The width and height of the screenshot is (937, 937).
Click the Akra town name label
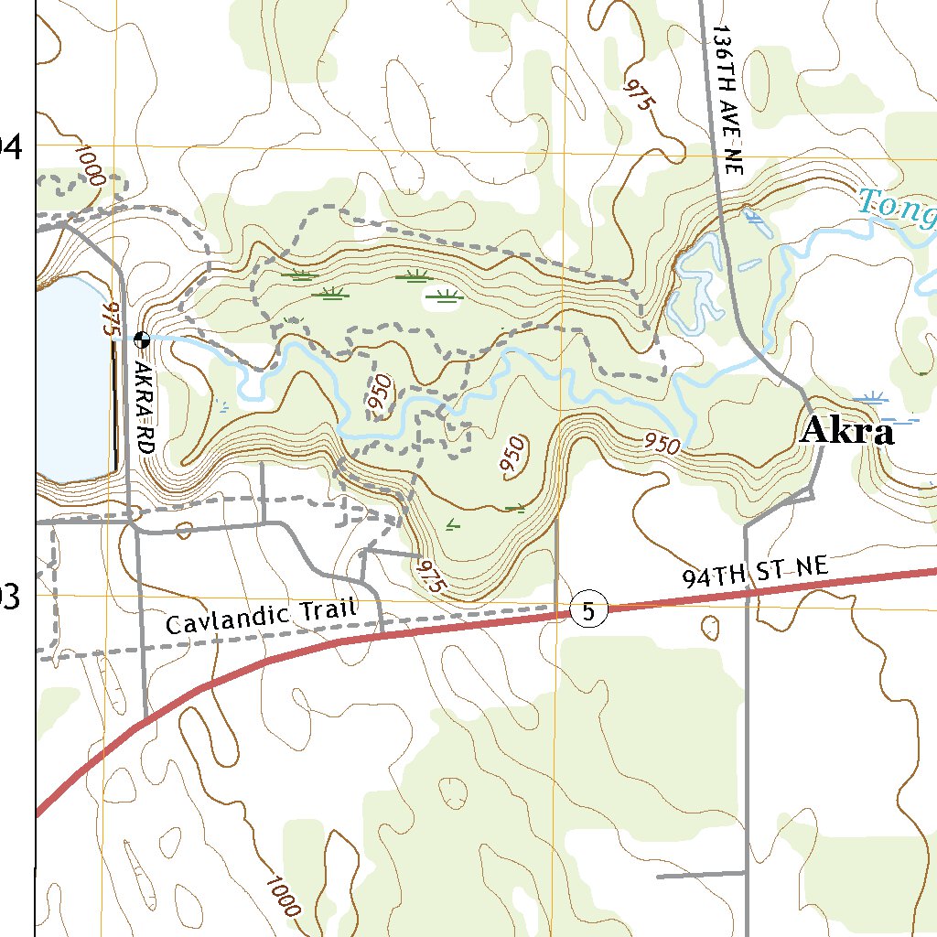[846, 431]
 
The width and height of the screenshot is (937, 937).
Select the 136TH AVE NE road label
[729, 101]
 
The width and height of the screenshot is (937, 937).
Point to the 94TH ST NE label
[755, 574]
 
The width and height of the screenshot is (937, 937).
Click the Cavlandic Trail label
[260, 618]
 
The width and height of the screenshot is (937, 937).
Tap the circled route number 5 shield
[588, 609]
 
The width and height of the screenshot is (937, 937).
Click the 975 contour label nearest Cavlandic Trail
[428, 578]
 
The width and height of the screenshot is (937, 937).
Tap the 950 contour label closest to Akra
[662, 445]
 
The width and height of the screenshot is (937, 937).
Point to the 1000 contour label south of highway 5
[283, 896]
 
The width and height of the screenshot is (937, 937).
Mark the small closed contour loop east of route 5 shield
[710, 628]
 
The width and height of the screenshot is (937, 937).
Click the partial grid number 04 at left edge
[11, 145]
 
